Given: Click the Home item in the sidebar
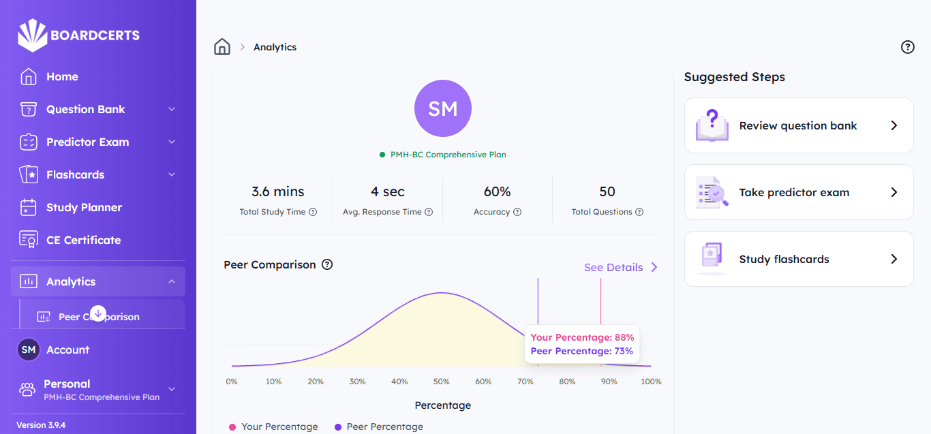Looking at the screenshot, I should point(62,77).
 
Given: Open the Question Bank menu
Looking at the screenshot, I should point(86,110).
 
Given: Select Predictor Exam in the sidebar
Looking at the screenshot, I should point(87,142).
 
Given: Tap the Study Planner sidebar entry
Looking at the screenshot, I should point(84,208).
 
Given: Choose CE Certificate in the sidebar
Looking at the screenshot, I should point(83,241).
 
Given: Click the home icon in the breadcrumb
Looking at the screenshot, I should point(222,47).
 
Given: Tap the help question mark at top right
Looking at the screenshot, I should point(907,47).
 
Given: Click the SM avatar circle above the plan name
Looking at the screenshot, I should point(443,108).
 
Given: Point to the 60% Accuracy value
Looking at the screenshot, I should point(497,192).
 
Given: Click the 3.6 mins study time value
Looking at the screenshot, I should point(278,192).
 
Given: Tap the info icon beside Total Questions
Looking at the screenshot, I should point(639,212).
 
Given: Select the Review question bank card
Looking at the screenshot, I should point(798,126).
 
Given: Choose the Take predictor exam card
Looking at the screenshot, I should point(798,193).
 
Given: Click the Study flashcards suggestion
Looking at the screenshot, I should point(798,260).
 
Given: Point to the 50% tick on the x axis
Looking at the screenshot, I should point(442,382).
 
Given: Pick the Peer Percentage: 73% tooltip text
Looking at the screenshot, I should point(581,352).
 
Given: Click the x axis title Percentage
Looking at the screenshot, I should point(443,405).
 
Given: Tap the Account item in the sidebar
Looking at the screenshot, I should point(67,350).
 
